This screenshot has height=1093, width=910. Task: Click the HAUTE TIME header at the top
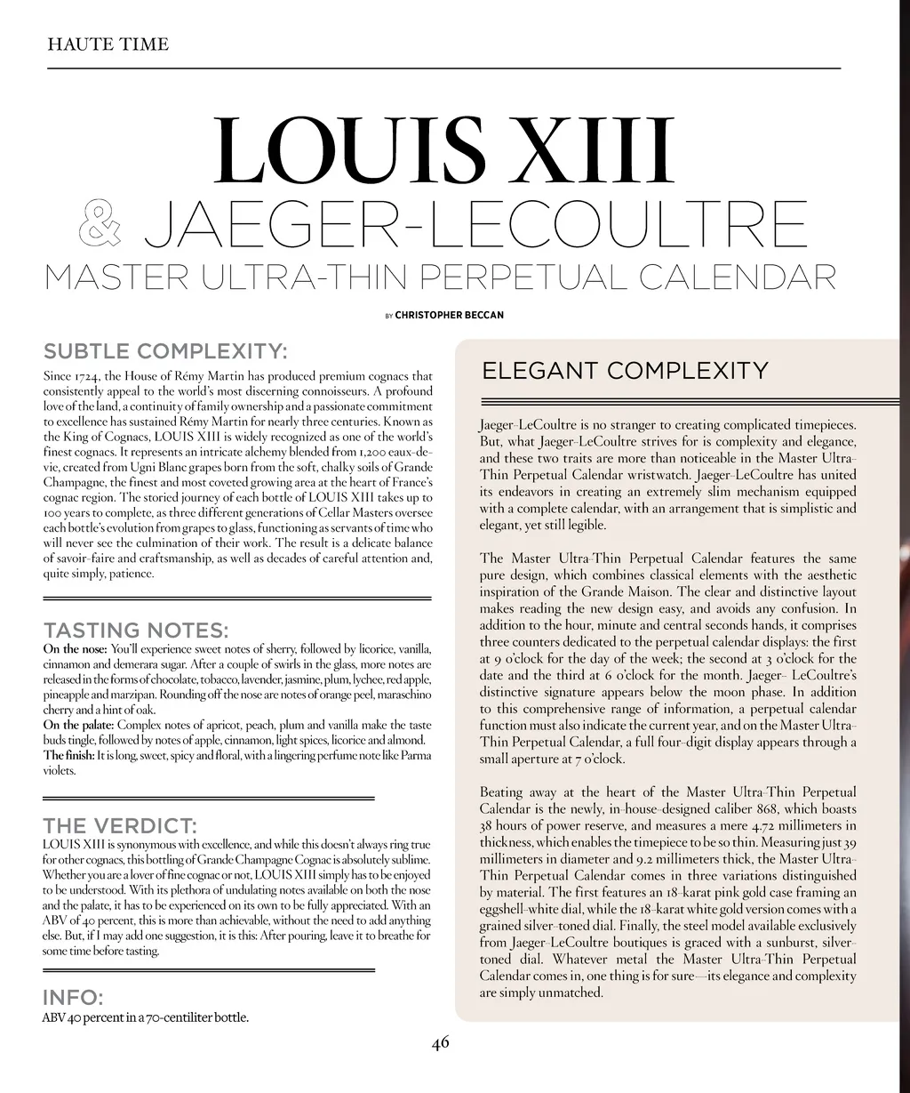coord(108,44)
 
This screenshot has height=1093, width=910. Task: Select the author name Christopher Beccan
coord(449,315)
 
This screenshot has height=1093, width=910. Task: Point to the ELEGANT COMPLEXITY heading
coord(624,370)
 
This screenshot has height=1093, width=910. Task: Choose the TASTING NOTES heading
coord(135,631)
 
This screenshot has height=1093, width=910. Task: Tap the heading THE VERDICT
coord(120,825)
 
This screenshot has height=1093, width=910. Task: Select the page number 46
coord(441,1042)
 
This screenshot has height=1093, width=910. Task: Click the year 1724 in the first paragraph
coord(85,377)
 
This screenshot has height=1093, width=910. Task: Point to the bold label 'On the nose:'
coord(76,648)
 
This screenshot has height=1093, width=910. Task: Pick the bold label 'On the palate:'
coord(79,726)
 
